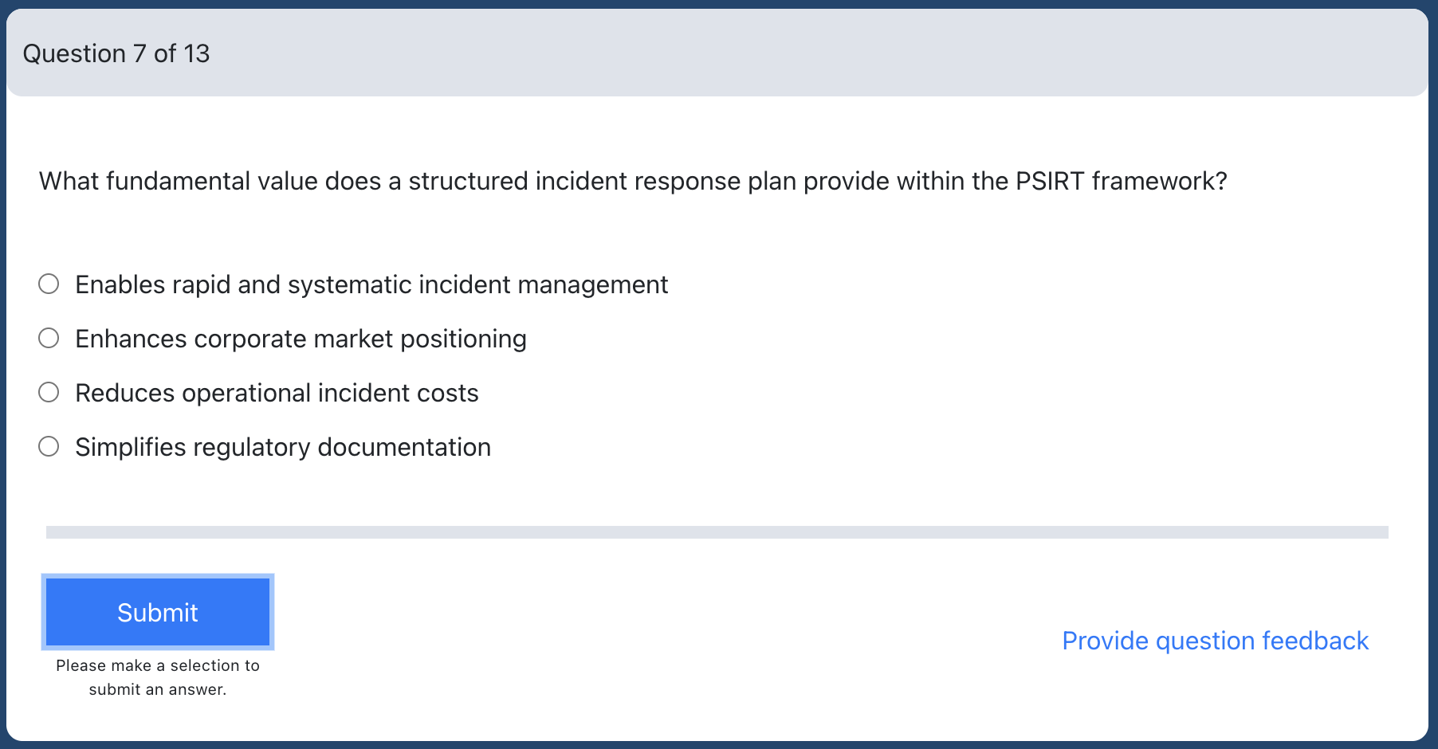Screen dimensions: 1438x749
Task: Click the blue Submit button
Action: (158, 612)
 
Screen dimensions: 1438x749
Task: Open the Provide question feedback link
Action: (1215, 641)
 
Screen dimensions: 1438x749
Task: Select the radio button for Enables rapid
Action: (49, 284)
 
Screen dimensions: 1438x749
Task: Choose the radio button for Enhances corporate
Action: (49, 338)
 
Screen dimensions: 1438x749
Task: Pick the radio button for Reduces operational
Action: (49, 392)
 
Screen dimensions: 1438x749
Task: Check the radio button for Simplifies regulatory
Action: (49, 446)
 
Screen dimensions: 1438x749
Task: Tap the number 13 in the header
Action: (196, 53)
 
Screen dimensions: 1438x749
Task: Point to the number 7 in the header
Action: (139, 53)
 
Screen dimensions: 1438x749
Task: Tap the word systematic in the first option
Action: (349, 285)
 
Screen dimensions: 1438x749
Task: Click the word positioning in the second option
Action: (463, 339)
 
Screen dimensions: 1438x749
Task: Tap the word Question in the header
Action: (74, 53)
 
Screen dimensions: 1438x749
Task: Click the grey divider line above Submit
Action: (717, 532)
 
